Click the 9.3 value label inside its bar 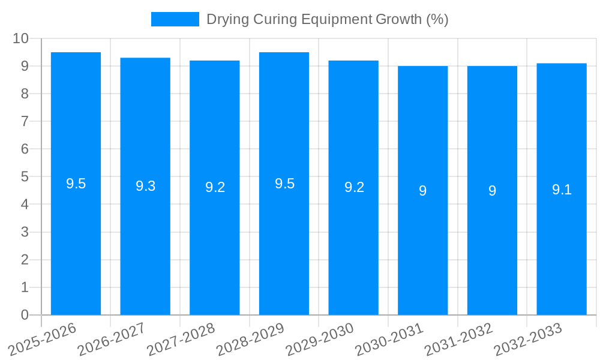click(x=145, y=186)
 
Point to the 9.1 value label click(x=562, y=190)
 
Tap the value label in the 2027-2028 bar click(x=215, y=187)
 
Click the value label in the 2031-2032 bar click(x=492, y=191)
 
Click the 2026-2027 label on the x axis click(x=112, y=339)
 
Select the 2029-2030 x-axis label click(x=320, y=339)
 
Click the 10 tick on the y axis click(x=21, y=38)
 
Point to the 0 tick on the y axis click(x=25, y=315)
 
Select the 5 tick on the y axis click(x=25, y=177)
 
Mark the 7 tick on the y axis click(x=25, y=121)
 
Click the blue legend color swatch click(x=175, y=19)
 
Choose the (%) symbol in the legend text click(x=437, y=19)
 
